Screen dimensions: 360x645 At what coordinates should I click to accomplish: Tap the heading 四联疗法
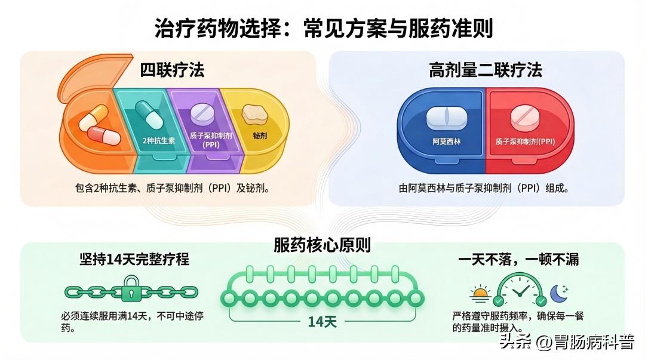[x=172, y=70]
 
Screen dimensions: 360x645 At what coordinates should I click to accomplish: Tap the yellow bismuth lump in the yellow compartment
[x=253, y=114]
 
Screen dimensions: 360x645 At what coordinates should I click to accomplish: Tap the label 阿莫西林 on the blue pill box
[x=447, y=143]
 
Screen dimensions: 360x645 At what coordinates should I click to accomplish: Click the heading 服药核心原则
[x=322, y=245]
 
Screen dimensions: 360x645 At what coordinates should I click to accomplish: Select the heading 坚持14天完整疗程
[x=134, y=260]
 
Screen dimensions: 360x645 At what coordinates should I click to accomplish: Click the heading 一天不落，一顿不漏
[x=518, y=260]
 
